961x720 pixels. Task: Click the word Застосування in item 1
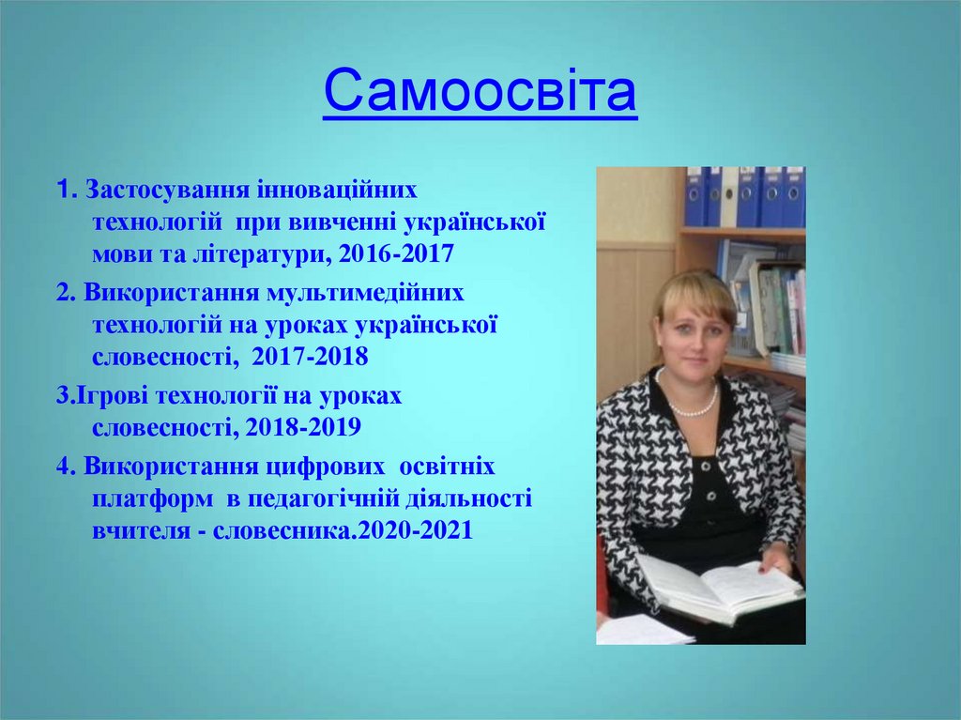coord(165,191)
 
